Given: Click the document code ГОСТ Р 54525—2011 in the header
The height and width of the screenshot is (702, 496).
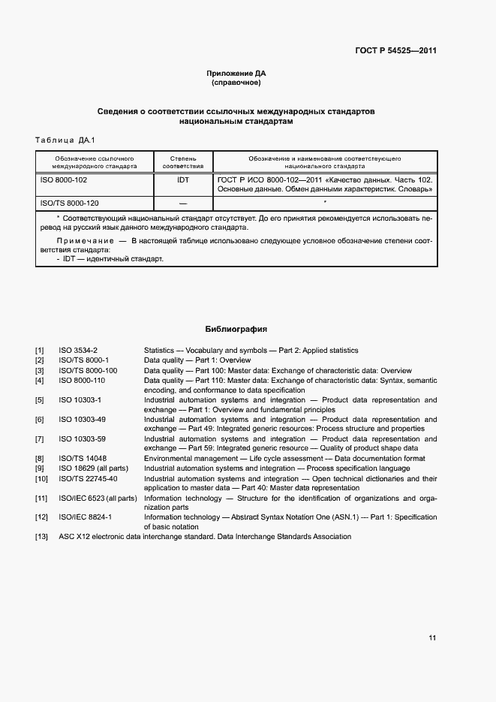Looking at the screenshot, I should pyautogui.click(x=395, y=51).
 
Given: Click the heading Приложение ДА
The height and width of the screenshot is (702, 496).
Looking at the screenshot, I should pyautogui.click(x=236, y=73).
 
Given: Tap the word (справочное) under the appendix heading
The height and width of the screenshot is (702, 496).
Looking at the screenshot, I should pyautogui.click(x=236, y=83).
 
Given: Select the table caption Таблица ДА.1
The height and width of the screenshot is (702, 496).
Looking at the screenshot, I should pyautogui.click(x=65, y=140).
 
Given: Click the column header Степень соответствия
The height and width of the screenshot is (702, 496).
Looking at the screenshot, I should pyautogui.click(x=183, y=163).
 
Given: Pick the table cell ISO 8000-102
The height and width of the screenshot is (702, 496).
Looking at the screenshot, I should pyautogui.click(x=64, y=181).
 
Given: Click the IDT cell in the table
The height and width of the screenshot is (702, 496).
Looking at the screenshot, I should pyautogui.click(x=183, y=181).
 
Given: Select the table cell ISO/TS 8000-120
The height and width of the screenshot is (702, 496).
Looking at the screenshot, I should pyautogui.click(x=69, y=203).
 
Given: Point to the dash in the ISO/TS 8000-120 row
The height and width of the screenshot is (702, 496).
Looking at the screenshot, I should pyautogui.click(x=183, y=204).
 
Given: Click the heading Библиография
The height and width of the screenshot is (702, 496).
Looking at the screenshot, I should pyautogui.click(x=236, y=329).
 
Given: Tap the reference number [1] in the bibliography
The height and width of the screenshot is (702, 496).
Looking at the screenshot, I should pyautogui.click(x=40, y=351).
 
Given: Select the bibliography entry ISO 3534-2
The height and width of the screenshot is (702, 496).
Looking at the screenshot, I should pyautogui.click(x=78, y=351).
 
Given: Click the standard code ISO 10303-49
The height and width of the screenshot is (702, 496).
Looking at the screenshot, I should pyautogui.click(x=82, y=419).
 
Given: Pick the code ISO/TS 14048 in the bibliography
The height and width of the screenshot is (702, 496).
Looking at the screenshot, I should pyautogui.click(x=83, y=458).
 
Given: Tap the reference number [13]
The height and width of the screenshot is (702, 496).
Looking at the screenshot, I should pyautogui.click(x=41, y=537).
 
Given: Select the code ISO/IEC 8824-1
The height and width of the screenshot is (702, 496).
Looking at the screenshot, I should pyautogui.click(x=85, y=517).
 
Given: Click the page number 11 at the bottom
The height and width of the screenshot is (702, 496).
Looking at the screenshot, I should pyautogui.click(x=432, y=638).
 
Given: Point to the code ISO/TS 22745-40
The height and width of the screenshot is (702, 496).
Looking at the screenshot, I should pyautogui.click(x=88, y=478).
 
